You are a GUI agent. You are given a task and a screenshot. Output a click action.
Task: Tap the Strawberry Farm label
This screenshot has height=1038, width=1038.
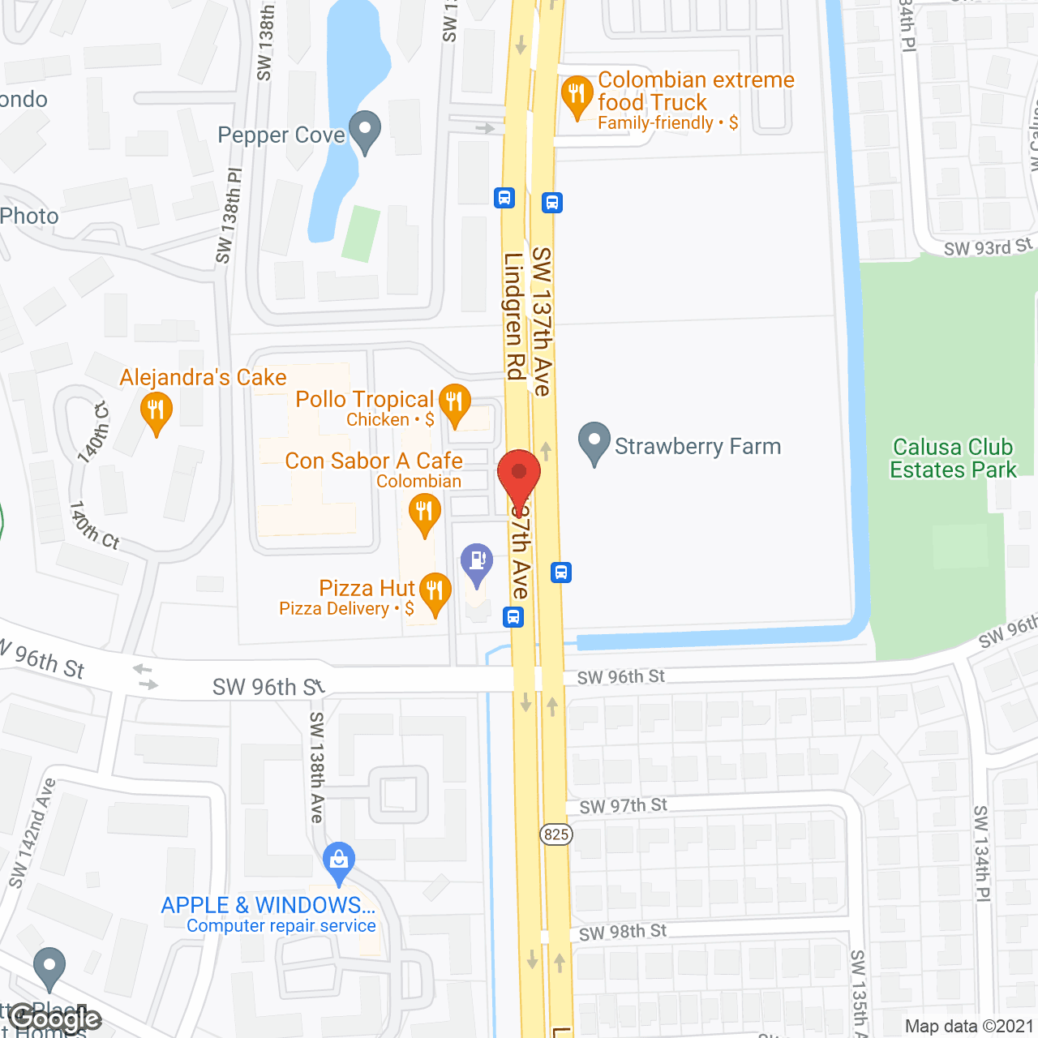tap(697, 447)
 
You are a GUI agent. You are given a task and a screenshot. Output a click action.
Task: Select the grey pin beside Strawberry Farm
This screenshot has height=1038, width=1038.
tap(594, 443)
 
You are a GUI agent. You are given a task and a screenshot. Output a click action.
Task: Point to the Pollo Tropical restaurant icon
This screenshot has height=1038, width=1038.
tap(454, 403)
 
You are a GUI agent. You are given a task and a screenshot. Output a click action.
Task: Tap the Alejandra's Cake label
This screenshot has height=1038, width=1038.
tap(203, 378)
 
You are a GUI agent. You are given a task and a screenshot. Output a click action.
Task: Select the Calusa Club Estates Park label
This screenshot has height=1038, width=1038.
tap(953, 459)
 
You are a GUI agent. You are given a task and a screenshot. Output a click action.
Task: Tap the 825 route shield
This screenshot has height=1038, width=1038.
tap(556, 834)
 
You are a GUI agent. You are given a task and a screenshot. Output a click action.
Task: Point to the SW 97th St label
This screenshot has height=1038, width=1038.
tap(623, 806)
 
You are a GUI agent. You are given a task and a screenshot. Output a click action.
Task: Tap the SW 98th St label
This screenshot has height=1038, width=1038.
tap(623, 933)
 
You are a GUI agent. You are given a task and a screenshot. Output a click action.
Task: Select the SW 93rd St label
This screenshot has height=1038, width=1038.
tap(988, 247)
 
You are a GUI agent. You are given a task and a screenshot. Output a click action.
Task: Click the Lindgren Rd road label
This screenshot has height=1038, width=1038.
tap(514, 316)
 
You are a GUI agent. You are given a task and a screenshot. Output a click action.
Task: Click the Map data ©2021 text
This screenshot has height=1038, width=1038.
tap(969, 1027)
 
